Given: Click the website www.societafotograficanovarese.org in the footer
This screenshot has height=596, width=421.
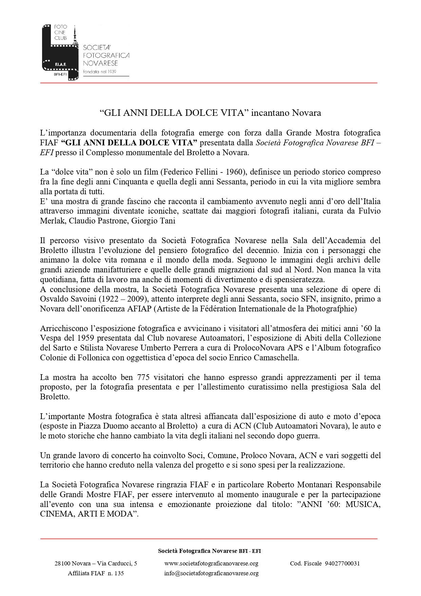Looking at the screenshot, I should pos(211,564).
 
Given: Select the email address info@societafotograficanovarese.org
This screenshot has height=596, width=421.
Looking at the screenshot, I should pos(211,574).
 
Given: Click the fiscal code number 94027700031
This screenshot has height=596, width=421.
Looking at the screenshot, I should pos(342,564).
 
